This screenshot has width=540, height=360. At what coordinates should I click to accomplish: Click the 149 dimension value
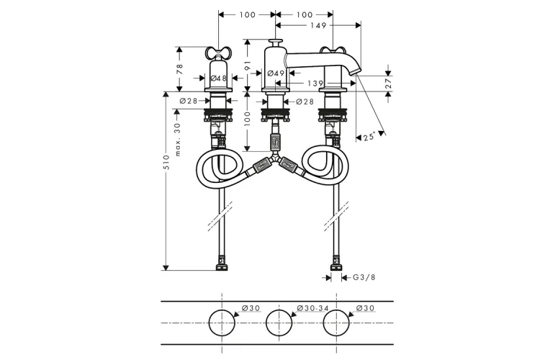pos(318,25)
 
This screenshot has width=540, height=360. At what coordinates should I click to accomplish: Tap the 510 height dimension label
pos(167,162)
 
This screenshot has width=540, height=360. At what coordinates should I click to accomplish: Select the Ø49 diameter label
pos(276,73)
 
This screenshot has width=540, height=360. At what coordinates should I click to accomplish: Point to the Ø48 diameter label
pos(218,78)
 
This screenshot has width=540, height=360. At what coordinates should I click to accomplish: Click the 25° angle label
pos(369,137)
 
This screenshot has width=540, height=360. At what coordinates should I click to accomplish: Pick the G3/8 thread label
pos(364,277)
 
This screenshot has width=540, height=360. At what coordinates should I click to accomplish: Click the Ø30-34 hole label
pos(313,308)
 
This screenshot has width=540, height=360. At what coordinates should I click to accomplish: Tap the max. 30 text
pos(178,140)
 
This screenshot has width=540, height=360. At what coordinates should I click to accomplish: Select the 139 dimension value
pos(315,84)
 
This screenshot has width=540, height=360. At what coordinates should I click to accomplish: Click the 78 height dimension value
pos(179,69)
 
